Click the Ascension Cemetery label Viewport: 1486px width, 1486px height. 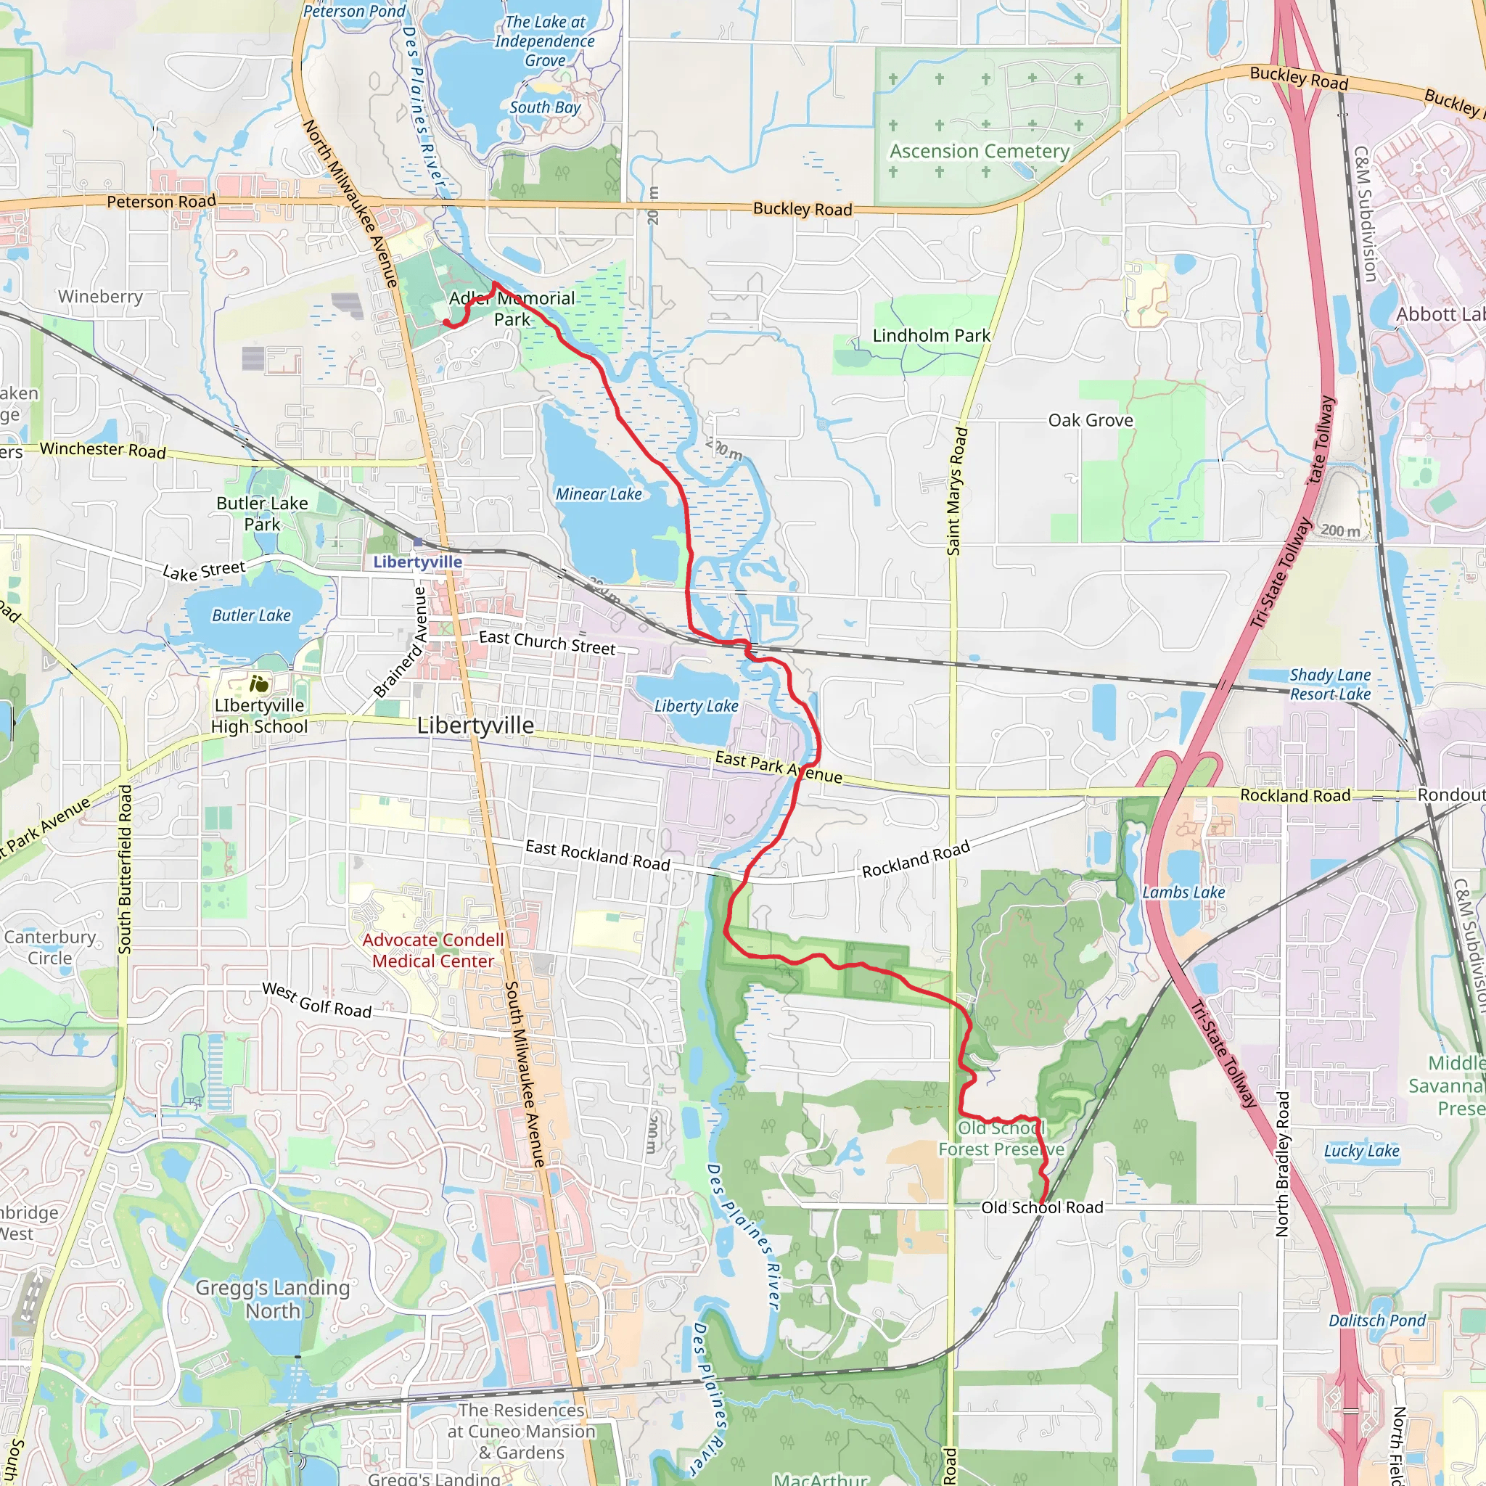pos(979,152)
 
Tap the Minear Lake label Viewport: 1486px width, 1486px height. pos(599,495)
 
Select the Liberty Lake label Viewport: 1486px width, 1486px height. pos(696,706)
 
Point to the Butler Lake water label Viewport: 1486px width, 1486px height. pos(252,615)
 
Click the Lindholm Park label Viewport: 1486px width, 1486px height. pos(931,335)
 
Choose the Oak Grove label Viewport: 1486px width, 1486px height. pos(1090,420)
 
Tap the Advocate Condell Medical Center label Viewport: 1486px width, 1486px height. pos(433,951)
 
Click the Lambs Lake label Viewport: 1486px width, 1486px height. pos(1183,892)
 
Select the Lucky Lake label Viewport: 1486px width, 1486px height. pos(1360,1151)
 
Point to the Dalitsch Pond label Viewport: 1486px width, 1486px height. pos(1376,1321)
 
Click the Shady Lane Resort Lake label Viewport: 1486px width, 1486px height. pos(1330,684)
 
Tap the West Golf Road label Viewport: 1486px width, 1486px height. pos(317,1000)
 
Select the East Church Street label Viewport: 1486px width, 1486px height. pos(547,642)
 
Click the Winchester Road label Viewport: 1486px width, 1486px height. pos(102,449)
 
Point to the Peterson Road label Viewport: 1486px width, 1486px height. pos(161,202)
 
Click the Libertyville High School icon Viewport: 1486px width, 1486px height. pos(259,683)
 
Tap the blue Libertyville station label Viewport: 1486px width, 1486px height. pos(418,562)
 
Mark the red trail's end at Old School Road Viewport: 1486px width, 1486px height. pos(1041,1202)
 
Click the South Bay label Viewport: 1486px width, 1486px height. pos(545,107)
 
